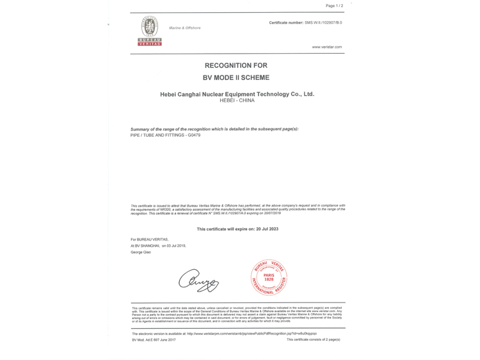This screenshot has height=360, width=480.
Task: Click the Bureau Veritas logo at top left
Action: pyautogui.click(x=150, y=30)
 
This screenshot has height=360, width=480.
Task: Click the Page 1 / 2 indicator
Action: pyautogui.click(x=334, y=6)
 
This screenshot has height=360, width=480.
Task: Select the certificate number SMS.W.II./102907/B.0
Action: pyautogui.click(x=323, y=22)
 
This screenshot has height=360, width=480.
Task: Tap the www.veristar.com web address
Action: pyautogui.click(x=326, y=47)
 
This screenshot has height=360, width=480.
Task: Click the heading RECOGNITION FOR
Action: pyautogui.click(x=236, y=65)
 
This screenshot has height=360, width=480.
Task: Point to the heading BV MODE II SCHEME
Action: pyautogui.click(x=236, y=77)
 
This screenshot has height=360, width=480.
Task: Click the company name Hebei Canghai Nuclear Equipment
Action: pyautogui.click(x=237, y=94)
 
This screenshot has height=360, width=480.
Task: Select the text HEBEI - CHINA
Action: pyautogui.click(x=237, y=100)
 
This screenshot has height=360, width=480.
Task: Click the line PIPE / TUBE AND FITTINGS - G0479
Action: pyautogui.click(x=165, y=135)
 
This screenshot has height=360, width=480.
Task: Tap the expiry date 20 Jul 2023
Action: pyautogui.click(x=264, y=229)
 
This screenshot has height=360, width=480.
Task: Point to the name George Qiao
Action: pyautogui.click(x=141, y=252)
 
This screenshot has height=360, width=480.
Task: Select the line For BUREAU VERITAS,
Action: pyautogui.click(x=149, y=239)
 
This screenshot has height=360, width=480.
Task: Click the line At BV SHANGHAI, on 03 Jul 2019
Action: pyautogui.click(x=158, y=246)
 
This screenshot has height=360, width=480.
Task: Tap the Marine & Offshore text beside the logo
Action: pyautogui.click(x=184, y=28)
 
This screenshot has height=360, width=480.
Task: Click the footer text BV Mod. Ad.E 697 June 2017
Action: pyautogui.click(x=154, y=340)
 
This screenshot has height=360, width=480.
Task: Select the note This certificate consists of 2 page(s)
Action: pyautogui.click(x=313, y=340)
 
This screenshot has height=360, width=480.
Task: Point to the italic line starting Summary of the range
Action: pyautogui.click(x=214, y=129)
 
